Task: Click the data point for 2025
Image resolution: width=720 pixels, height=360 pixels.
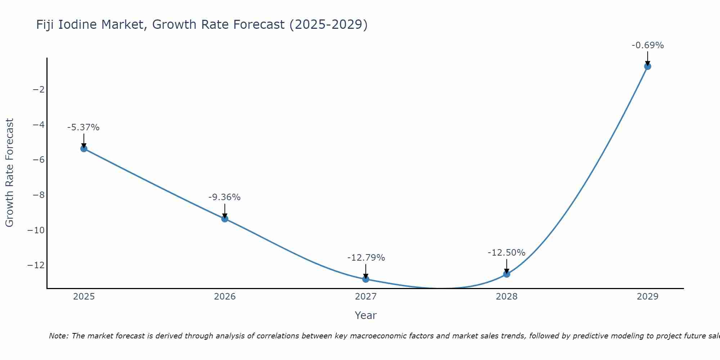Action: click(x=84, y=149)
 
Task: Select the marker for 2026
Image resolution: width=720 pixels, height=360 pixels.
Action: click(x=225, y=219)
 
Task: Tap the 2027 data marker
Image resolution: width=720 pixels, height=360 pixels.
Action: click(x=366, y=279)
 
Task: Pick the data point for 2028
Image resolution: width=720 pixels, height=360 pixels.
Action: click(x=507, y=274)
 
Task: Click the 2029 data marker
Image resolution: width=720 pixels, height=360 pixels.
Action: click(x=648, y=66)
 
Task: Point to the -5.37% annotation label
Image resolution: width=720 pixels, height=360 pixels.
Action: click(x=83, y=127)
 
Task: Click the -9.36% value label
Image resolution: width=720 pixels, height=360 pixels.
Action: click(x=224, y=197)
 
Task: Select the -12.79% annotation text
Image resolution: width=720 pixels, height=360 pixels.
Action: click(x=366, y=258)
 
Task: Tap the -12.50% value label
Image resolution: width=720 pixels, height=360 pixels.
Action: click(x=507, y=253)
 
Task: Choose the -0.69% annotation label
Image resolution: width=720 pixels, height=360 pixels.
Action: click(x=648, y=45)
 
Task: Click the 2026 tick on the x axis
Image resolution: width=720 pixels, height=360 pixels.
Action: click(x=225, y=297)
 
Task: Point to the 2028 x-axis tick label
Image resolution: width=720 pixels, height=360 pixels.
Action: click(x=507, y=297)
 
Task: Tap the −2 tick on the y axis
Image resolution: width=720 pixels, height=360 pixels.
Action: click(x=39, y=90)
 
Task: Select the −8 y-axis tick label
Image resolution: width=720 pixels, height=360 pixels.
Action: click(x=39, y=195)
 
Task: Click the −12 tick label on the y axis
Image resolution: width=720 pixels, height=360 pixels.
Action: click(x=36, y=265)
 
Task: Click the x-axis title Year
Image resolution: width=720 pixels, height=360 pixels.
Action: click(x=365, y=315)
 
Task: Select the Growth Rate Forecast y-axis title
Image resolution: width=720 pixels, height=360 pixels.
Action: click(x=9, y=172)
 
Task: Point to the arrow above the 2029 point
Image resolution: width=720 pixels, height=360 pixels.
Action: click(x=648, y=58)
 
